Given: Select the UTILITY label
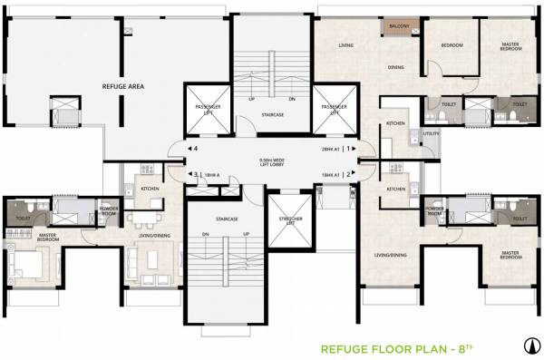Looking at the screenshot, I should pyautogui.click(x=431, y=135).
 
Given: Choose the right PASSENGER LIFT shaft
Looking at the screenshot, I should pyautogui.click(x=335, y=112).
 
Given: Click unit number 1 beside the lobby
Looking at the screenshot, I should pyautogui.click(x=347, y=149).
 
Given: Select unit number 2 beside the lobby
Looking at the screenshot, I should pyautogui.click(x=347, y=174).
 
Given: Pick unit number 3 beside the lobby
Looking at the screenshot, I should pyautogui.click(x=193, y=174).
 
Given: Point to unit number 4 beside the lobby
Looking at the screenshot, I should pyautogui.click(x=193, y=149).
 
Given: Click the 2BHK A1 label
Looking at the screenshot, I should pyautogui.click(x=328, y=149).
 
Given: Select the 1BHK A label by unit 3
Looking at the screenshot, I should pyautogui.click(x=211, y=174).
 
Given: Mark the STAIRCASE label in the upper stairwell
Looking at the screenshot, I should pyautogui.click(x=269, y=115).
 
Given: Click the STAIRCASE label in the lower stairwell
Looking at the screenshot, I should pyautogui.click(x=227, y=219).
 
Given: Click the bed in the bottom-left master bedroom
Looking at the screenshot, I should pyautogui.click(x=25, y=266).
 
